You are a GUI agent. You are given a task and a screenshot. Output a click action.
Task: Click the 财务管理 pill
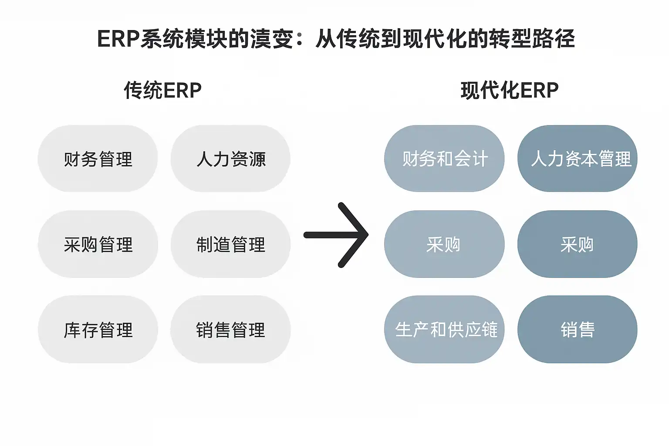pos(98,159)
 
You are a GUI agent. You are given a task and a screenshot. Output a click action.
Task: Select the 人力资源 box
pos(230,159)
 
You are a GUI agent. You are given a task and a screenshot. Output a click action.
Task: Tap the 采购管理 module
pos(98,244)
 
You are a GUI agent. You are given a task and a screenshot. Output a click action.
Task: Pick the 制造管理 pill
pos(230,244)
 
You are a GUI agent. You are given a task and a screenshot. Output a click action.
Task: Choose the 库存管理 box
pos(98,329)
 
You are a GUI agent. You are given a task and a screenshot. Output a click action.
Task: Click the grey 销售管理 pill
pos(230,329)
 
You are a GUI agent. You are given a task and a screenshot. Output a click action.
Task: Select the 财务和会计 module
pos(444,159)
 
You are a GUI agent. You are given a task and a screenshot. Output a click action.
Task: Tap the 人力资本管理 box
pos(578,159)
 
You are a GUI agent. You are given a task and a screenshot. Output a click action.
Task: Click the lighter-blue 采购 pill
pos(444,244)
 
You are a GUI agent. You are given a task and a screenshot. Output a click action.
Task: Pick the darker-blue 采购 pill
pos(578,244)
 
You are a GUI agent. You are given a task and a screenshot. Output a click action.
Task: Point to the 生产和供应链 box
pos(444,329)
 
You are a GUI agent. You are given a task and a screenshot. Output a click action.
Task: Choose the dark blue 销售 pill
pos(578,329)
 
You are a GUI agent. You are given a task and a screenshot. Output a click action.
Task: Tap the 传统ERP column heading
pos(162,91)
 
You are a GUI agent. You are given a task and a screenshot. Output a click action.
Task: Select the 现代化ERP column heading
pos(509,91)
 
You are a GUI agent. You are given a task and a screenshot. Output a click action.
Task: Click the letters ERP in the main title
pos(118,39)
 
